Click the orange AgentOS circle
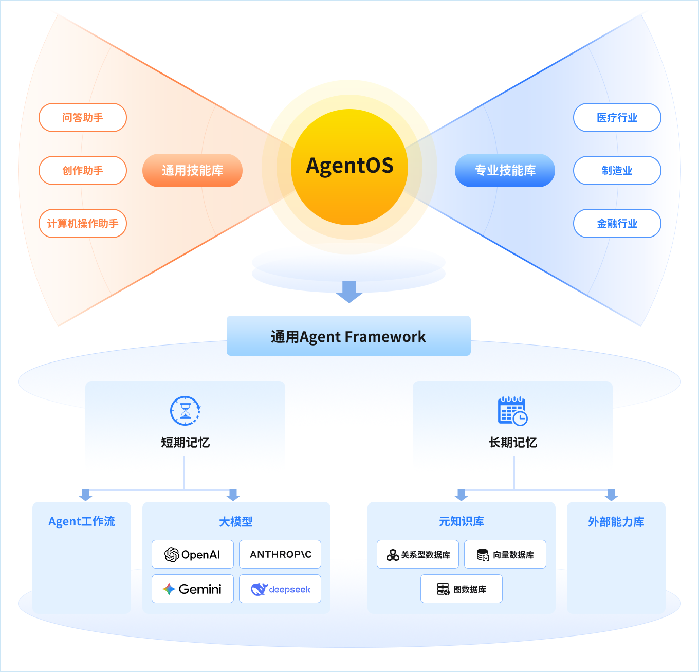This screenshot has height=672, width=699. pos(349,167)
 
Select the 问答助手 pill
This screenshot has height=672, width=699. pos(83,118)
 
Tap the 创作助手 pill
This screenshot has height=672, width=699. pos(83,171)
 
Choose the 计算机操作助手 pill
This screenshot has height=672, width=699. pos(83,224)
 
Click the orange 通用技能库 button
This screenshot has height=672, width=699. pos(192,171)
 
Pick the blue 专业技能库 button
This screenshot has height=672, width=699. pos(505,171)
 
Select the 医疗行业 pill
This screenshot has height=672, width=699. pos(617,118)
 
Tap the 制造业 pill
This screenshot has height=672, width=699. pos(617,171)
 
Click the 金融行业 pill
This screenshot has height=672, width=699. pos(617,224)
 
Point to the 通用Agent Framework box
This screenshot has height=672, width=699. pos(348,336)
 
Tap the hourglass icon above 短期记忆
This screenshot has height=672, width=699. pos(185,411)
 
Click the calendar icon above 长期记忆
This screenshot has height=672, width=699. pos(512,411)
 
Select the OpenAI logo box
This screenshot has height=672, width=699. pos(193,554)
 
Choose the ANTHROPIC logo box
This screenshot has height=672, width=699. pos(280,554)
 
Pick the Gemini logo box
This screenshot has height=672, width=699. pos(193,589)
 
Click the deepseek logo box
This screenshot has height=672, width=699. pos(280,589)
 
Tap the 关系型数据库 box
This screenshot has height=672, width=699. pos(418,554)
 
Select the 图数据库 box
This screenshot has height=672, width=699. pos(462,589)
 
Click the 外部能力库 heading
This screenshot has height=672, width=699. pos(616,522)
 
